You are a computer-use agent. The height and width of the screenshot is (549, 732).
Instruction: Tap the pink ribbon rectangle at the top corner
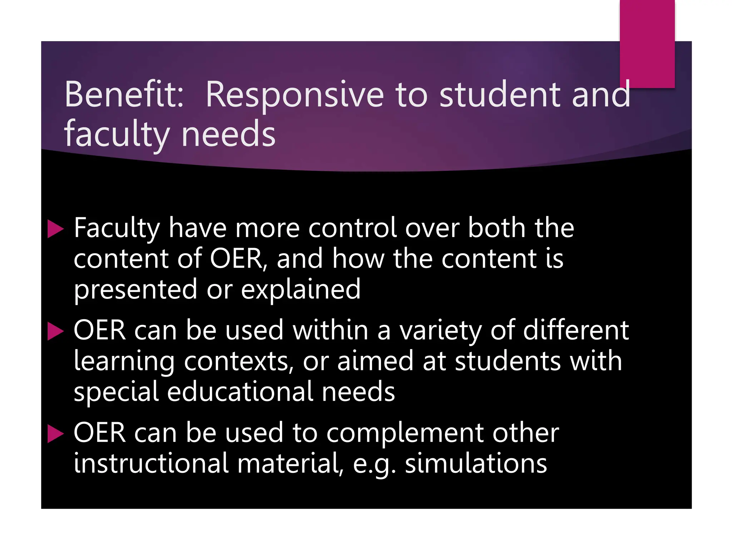[647, 43]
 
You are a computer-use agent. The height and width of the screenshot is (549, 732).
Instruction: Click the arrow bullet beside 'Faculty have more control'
[55, 229]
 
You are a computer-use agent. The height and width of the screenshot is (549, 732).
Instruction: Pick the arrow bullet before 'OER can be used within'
[55, 331]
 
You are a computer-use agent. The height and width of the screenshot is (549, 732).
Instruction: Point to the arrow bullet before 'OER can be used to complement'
[55, 434]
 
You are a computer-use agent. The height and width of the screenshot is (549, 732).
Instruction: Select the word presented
[135, 290]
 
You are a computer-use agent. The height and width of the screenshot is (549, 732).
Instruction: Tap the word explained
[301, 290]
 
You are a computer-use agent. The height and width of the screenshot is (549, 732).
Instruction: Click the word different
[576, 330]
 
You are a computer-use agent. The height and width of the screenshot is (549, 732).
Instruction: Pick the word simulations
[476, 464]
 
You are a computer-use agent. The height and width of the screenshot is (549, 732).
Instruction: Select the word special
[116, 392]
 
